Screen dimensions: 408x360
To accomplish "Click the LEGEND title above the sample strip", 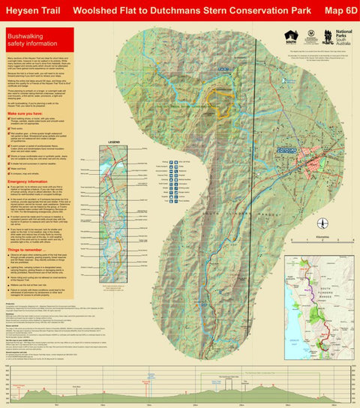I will click(x=115, y=141).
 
